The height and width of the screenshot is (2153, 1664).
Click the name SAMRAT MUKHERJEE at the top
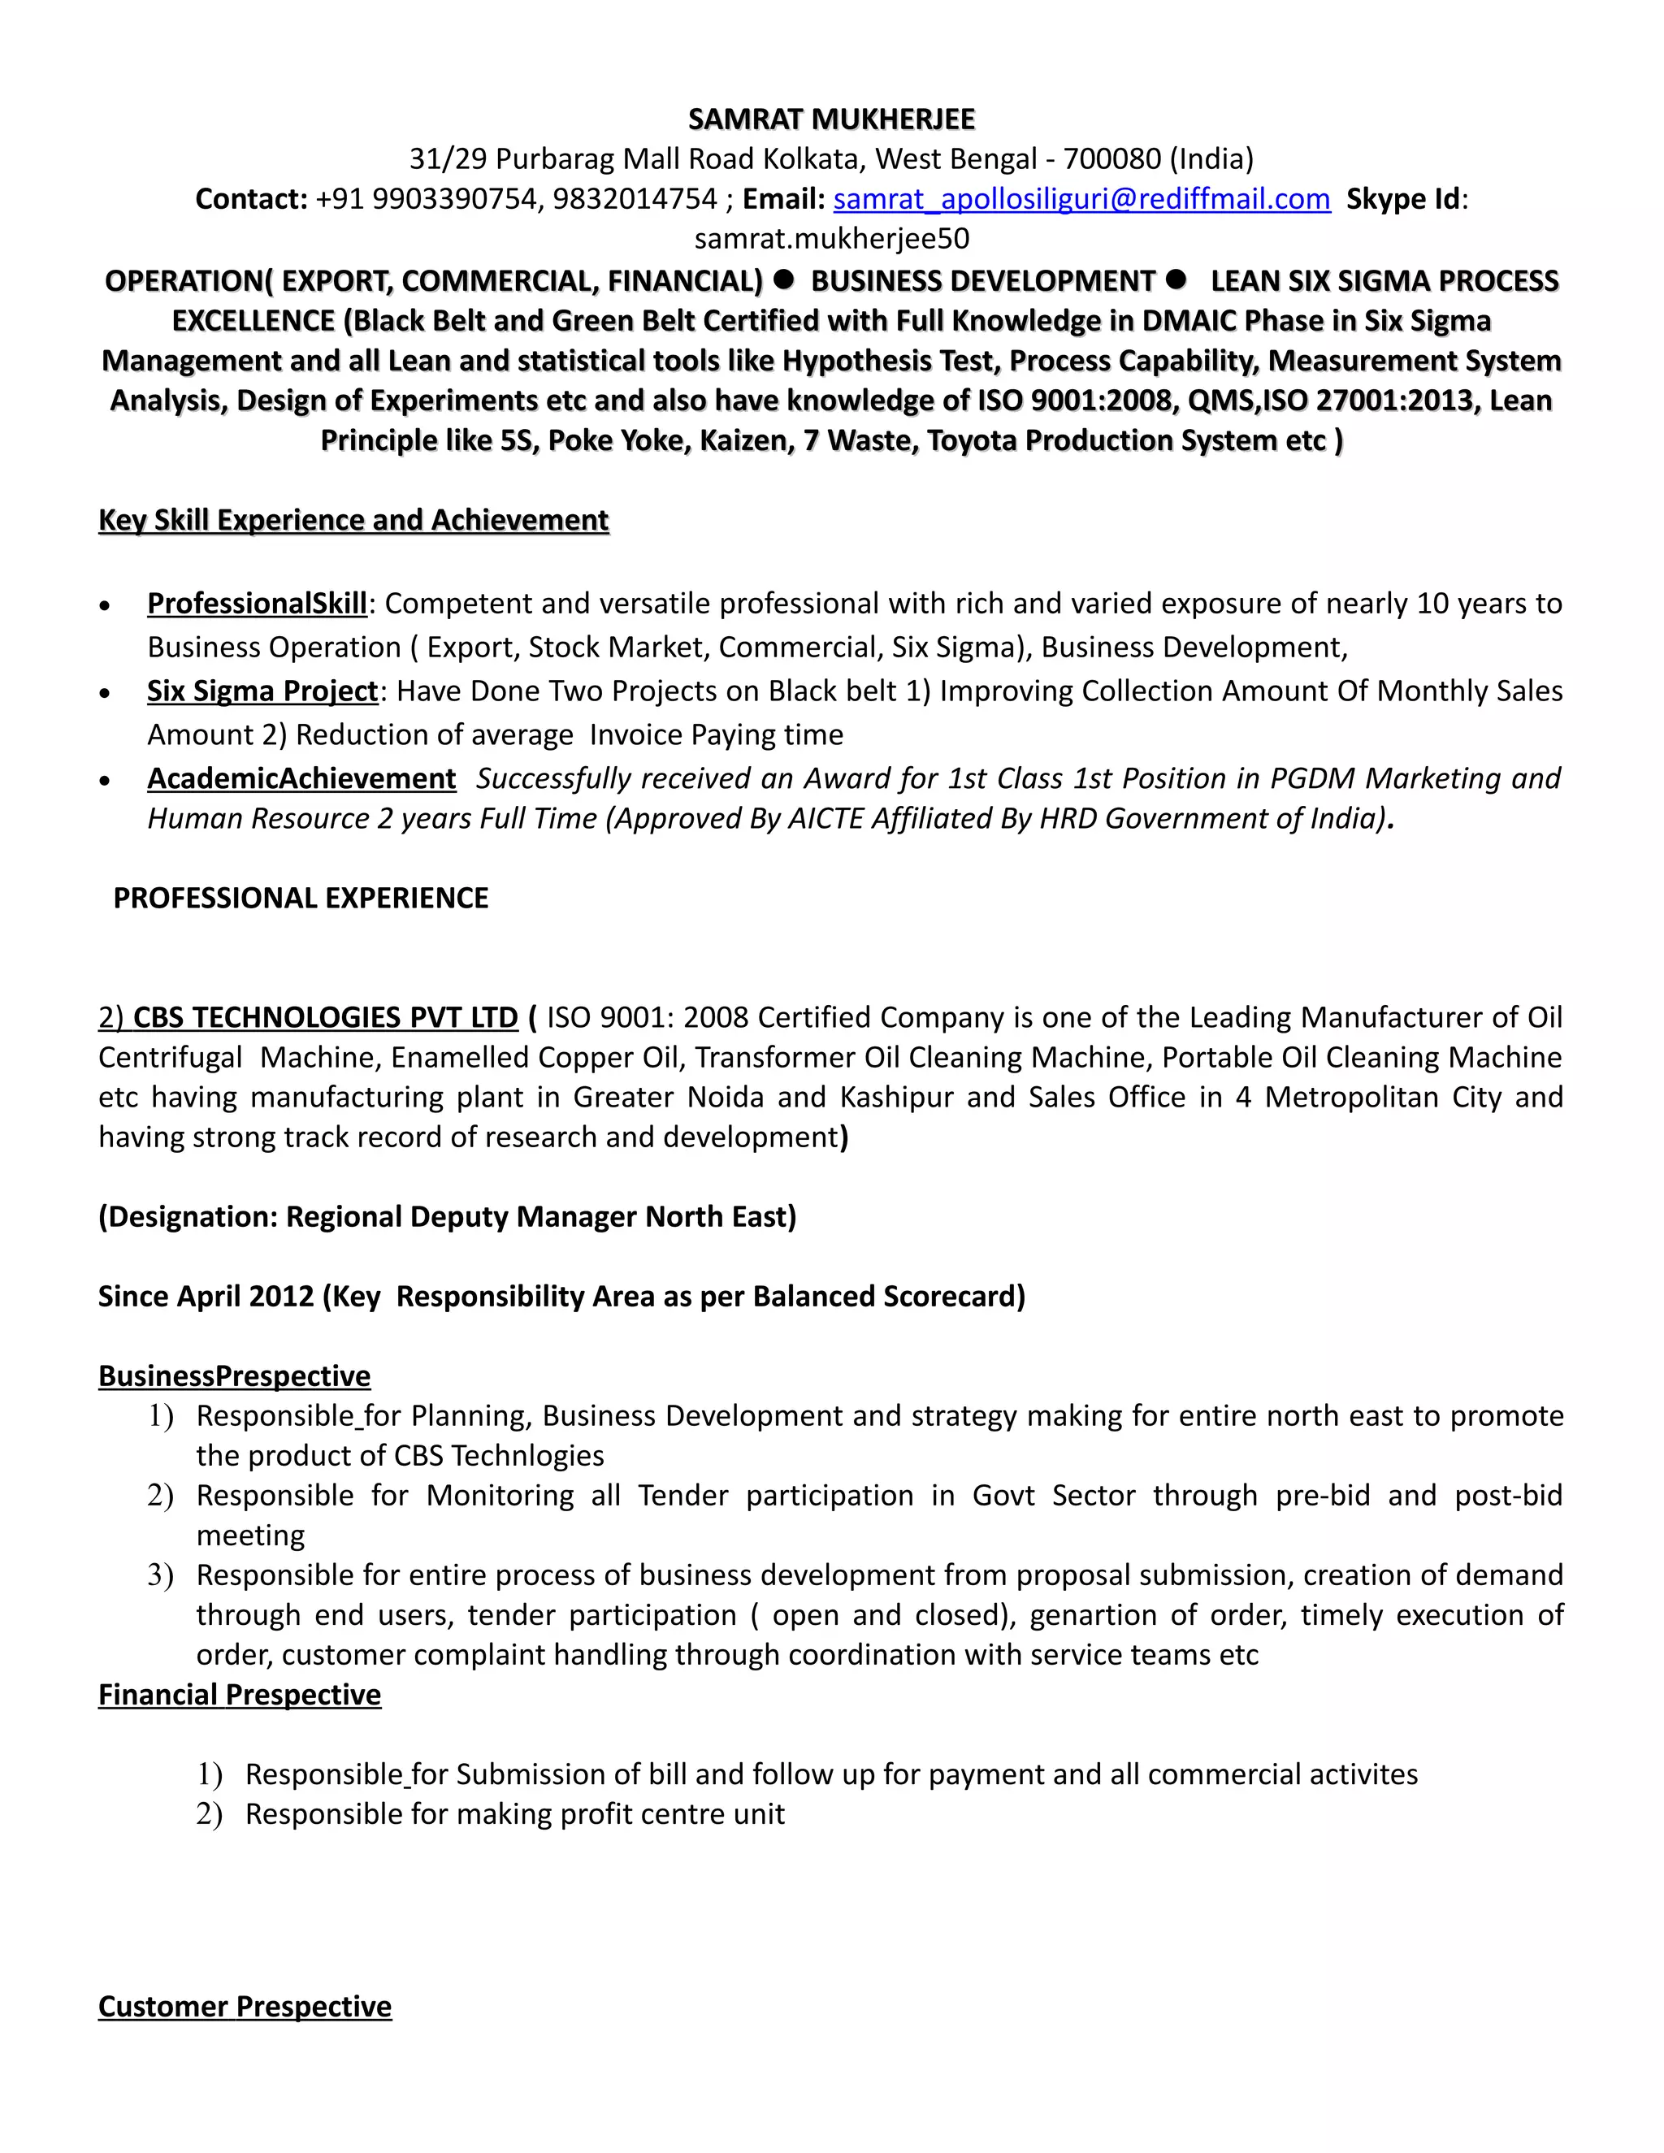831,119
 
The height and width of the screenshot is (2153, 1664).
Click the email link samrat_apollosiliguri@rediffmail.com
1081,199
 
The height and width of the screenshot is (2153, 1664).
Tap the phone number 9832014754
634,199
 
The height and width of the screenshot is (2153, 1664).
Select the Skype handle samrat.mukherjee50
831,239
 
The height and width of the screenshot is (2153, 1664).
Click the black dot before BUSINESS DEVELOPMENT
784,280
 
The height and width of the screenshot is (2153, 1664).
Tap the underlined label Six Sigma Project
262,691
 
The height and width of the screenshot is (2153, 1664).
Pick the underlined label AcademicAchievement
301,779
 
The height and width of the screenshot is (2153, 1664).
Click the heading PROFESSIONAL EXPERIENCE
301,898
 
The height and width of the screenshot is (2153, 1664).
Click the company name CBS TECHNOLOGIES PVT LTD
325,1017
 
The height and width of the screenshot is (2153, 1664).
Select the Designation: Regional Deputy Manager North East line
447,1216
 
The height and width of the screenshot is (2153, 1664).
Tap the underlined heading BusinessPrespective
235,1376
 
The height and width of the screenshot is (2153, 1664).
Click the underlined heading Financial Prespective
240,1695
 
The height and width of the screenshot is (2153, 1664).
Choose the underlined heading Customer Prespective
245,2006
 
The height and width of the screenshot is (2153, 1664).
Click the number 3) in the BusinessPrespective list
161,1575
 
